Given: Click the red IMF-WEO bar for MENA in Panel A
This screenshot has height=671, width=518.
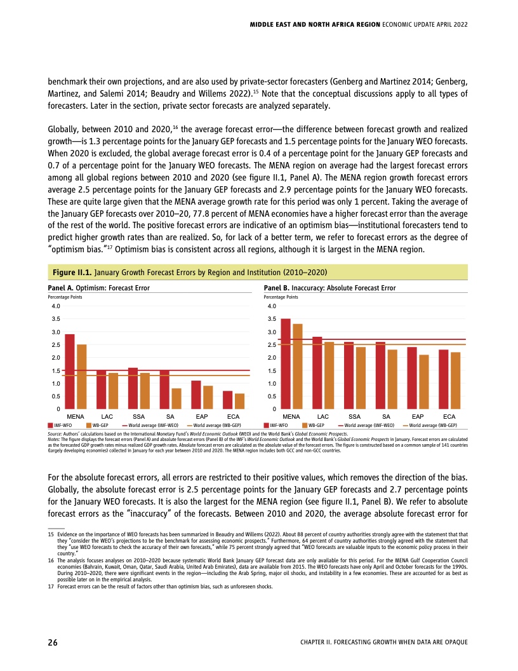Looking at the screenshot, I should coord(70,371).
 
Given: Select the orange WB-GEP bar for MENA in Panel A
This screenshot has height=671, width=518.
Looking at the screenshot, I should coord(81,376).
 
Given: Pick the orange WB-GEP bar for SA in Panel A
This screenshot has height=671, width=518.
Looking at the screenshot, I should coord(176,398).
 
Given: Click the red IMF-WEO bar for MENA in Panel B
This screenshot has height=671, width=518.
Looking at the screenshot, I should coord(286,363).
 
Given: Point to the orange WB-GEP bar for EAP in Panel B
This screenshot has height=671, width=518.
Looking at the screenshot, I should coord(424,381).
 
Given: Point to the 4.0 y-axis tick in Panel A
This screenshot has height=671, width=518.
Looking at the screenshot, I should coord(56,306).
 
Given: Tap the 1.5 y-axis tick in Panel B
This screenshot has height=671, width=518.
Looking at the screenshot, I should coord(272,370).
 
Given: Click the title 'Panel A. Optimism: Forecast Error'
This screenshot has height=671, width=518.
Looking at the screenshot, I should coord(99,288).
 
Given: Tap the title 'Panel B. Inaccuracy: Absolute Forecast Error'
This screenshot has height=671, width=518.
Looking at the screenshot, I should coord(329,288).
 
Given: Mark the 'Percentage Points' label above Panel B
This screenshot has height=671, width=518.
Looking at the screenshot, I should coord(281,297).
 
